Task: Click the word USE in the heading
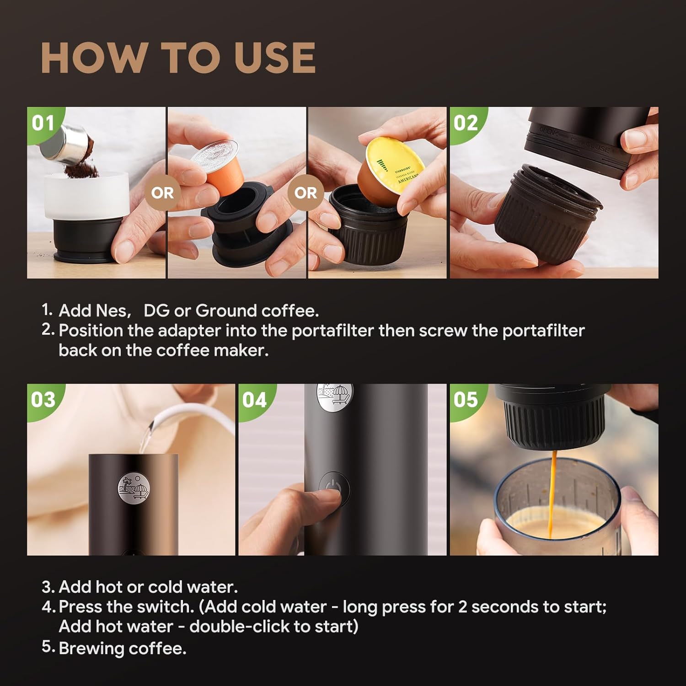275,58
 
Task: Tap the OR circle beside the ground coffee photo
162,193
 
